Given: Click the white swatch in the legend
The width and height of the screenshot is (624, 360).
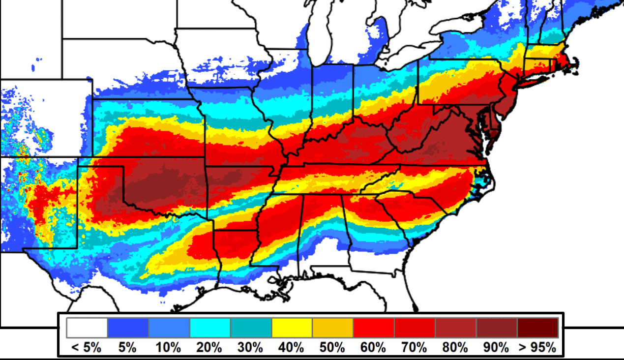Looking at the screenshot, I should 87,328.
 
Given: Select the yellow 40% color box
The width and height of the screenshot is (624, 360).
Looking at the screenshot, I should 292,328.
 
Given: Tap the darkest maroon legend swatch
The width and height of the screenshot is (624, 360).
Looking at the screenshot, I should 537,328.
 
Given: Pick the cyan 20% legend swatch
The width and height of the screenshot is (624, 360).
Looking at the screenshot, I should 210,328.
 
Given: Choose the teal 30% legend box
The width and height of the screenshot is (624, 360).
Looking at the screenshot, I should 251,328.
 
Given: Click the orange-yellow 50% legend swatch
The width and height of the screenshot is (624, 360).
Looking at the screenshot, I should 332,328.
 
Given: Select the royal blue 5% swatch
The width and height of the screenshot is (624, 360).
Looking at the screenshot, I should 128,328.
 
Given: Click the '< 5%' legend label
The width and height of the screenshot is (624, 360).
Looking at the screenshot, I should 87,348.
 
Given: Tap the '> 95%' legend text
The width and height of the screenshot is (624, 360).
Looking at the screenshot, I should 537,348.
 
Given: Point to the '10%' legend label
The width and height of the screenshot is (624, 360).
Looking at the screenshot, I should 169,348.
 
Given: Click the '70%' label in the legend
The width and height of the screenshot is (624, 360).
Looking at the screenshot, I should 415,348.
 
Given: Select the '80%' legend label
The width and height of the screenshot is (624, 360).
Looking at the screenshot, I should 455,348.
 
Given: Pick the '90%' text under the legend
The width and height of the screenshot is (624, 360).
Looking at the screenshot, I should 496,348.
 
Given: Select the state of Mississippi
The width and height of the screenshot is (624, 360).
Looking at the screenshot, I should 278,231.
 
